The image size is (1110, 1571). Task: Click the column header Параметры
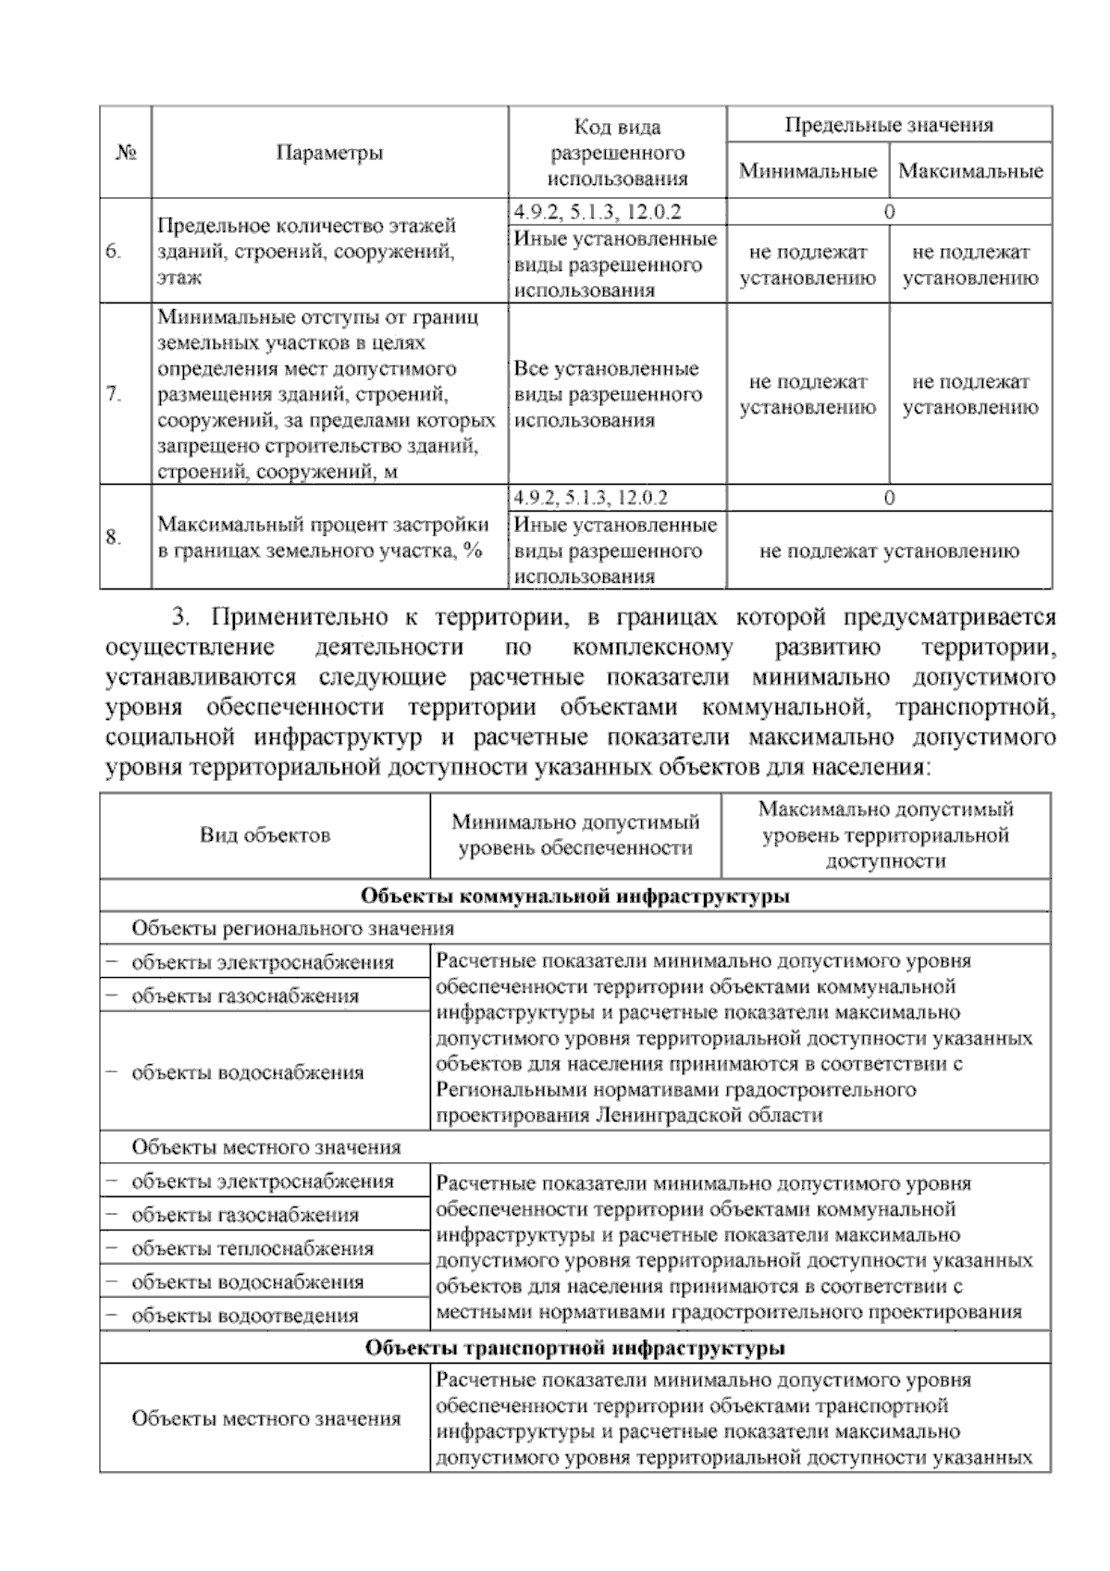[329, 153]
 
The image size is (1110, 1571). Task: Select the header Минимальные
[808, 171]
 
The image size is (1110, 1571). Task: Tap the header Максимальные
[970, 171]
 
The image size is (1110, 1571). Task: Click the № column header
[126, 153]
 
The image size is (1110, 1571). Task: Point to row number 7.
[114, 395]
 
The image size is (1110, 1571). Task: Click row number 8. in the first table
[114, 538]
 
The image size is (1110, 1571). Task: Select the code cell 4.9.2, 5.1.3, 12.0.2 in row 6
[598, 212]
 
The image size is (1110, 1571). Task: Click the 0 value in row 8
[889, 499]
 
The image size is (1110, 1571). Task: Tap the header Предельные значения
[889, 125]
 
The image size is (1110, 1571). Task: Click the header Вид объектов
[265, 835]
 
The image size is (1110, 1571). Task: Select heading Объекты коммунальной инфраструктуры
[574, 897]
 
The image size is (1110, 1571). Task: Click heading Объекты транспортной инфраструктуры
[574, 1348]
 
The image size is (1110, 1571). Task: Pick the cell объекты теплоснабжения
[253, 1249]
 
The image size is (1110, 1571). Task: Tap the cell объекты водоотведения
[245, 1316]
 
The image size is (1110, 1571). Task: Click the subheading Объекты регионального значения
[292, 928]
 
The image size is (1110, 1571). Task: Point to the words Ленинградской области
[709, 1115]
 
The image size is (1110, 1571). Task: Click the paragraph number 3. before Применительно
[181, 616]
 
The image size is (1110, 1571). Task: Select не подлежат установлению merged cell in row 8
[889, 551]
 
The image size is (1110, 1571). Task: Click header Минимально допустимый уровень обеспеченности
[575, 835]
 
